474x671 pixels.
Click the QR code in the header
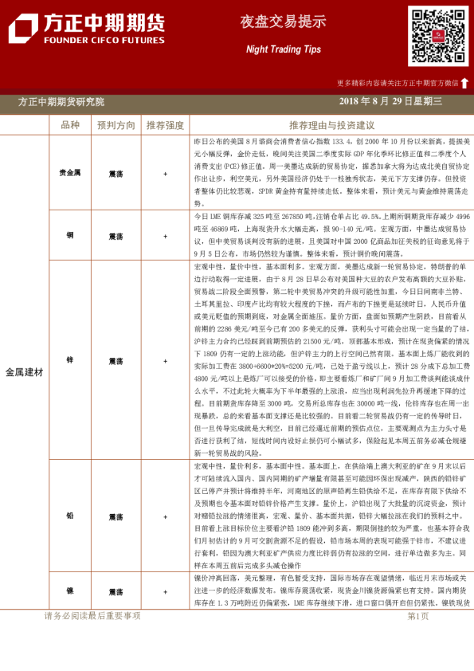pyautogui.click(x=438, y=36)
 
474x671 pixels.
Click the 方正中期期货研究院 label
pyautogui.click(x=61, y=101)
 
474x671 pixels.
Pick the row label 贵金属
pyautogui.click(x=70, y=172)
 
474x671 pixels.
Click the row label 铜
pyautogui.click(x=70, y=236)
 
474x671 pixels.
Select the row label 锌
pyautogui.click(x=70, y=359)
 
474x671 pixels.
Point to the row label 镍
pyautogui.click(x=70, y=592)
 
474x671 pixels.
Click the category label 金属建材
pyautogui.click(x=25, y=371)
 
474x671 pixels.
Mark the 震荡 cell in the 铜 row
pyautogui.click(x=116, y=236)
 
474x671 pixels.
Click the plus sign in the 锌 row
pyautogui.click(x=165, y=359)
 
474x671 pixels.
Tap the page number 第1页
pyautogui.click(x=418, y=616)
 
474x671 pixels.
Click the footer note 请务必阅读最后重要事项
pyautogui.click(x=92, y=616)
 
